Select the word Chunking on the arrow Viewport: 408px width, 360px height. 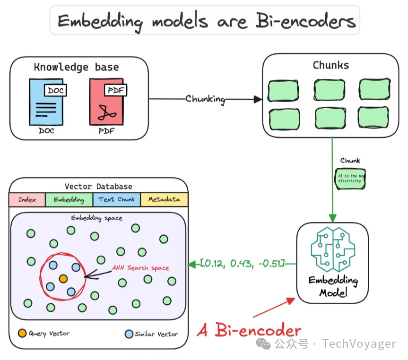tap(205, 99)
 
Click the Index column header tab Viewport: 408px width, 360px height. tap(27, 199)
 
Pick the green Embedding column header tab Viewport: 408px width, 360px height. tap(69, 199)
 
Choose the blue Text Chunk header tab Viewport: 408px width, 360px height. tap(117, 199)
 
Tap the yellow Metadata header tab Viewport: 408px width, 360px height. tap(164, 199)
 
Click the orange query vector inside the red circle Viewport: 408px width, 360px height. tap(63, 278)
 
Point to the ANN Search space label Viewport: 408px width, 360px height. tap(140, 268)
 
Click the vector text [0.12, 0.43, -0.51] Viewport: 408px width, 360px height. tap(242, 264)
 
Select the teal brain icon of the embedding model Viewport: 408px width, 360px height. tap(332, 248)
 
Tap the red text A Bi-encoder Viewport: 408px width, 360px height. tap(249, 330)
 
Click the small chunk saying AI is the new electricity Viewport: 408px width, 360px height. tap(350, 178)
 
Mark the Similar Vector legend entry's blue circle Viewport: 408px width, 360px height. tap(129, 334)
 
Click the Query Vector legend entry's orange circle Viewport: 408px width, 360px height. tap(22, 334)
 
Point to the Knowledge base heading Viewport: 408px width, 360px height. tap(76, 67)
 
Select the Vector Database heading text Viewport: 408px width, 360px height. tap(98, 186)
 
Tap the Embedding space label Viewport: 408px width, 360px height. tap(96, 218)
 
